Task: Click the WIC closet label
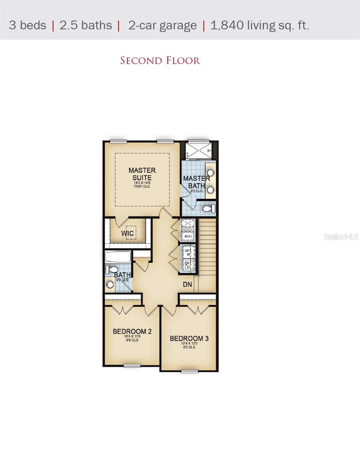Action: coord(127,233)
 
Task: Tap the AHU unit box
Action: coord(188,236)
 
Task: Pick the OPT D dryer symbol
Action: coord(188,265)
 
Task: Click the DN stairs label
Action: coord(187,284)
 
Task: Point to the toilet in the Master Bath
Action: coord(209,208)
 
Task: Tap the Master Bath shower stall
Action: coord(199,150)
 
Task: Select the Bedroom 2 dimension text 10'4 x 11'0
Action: coord(132,337)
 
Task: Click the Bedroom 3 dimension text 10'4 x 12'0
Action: coord(189,344)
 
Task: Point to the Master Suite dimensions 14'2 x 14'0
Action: coord(142,182)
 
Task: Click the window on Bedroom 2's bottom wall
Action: coord(132,366)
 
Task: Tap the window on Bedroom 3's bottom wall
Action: coord(189,371)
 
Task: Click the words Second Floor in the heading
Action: coord(160,61)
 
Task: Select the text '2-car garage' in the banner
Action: coord(162,26)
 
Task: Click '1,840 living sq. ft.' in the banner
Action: coord(260,26)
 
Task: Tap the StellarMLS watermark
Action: coord(341,237)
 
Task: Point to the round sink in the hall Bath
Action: coord(110,284)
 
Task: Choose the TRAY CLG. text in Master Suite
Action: coord(142,186)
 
